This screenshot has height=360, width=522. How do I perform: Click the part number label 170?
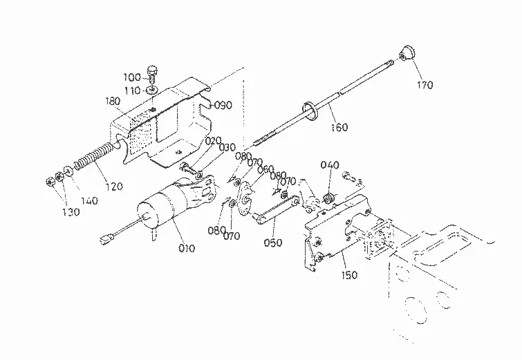tap(425, 85)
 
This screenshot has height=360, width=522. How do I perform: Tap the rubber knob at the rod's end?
tap(407, 54)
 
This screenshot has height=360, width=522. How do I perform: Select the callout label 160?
tap(339, 127)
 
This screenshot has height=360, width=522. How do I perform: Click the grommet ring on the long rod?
tap(310, 111)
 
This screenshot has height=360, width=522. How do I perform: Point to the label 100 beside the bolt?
tap(132, 77)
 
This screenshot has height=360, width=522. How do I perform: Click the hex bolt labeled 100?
tap(152, 74)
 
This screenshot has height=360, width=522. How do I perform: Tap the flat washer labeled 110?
tap(153, 90)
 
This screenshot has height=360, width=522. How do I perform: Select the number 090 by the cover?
tap(223, 105)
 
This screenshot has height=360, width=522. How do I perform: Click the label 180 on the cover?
tap(113, 101)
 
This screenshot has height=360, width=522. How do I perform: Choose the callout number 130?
tap(71, 212)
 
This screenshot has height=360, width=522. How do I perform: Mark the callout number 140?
tap(90, 200)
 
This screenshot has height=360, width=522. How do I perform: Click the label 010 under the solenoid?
tap(187, 248)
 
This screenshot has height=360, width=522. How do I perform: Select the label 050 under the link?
tap(273, 243)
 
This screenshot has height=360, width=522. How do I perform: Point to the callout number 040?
tap(330, 165)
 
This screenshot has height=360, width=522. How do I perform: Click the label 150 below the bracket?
tap(349, 275)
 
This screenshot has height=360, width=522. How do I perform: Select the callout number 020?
tap(213, 141)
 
